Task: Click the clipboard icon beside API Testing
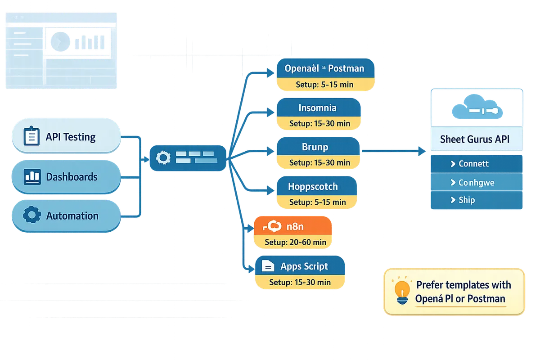click(31, 136)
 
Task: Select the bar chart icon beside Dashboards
click(31, 176)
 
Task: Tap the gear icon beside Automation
click(31, 216)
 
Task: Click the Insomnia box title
click(317, 108)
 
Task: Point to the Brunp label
click(315, 147)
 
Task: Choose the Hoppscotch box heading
click(313, 186)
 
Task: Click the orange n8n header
click(292, 226)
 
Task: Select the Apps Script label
click(304, 266)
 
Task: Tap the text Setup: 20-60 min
click(295, 242)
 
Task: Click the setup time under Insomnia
click(319, 123)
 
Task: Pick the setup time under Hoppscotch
click(317, 202)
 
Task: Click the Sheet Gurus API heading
click(475, 139)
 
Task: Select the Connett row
click(476, 164)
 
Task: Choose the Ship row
click(476, 200)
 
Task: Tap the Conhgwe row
click(476, 182)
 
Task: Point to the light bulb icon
click(402, 290)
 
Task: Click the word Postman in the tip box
click(486, 298)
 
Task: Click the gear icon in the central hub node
click(162, 157)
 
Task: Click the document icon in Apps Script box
click(268, 266)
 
